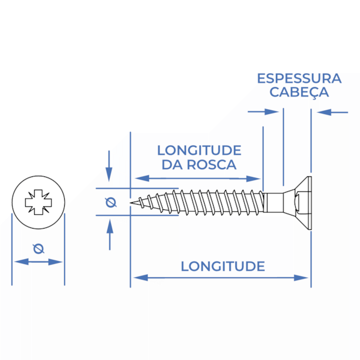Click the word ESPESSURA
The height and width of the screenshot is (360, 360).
point(299,79)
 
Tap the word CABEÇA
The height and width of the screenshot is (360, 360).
point(299,92)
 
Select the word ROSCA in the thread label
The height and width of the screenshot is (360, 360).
point(211,164)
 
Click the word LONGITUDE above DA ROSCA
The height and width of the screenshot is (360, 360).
point(199,151)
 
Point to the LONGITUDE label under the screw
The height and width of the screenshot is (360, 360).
point(223,266)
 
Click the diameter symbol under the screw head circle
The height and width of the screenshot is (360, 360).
point(38,248)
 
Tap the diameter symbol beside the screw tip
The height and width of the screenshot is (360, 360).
point(111,202)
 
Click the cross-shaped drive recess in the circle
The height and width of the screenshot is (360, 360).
point(38,202)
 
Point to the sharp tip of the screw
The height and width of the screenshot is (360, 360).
point(131,203)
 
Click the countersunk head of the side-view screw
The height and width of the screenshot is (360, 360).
point(298,203)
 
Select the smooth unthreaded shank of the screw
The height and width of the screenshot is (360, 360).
point(273,203)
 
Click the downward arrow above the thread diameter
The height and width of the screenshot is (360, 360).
point(109,166)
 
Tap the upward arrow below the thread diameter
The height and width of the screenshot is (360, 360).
point(110,235)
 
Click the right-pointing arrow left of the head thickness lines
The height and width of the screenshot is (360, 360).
point(263,112)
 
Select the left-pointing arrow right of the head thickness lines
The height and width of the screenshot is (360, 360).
point(332,112)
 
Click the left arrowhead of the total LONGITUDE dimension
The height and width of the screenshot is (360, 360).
point(140,278)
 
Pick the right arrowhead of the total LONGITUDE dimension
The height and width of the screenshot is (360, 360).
point(301,278)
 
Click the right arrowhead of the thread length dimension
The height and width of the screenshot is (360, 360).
point(253,179)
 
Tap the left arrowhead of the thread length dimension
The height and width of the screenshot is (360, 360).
point(142,178)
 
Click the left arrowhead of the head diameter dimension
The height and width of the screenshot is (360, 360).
point(22,262)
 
